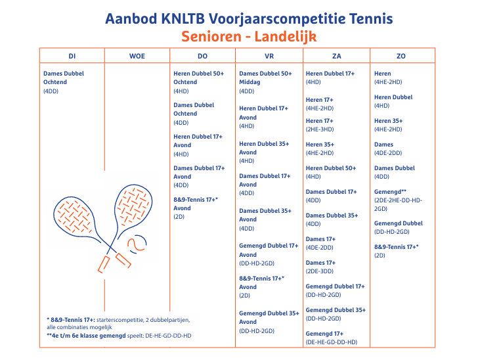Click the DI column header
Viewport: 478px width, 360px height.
(72, 56)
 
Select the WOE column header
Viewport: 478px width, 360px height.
(137, 56)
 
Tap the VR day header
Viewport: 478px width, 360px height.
(269, 56)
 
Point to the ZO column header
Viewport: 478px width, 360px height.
(401, 56)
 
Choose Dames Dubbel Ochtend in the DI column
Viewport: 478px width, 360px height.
(64, 78)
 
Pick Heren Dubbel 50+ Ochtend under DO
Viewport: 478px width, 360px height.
(199, 78)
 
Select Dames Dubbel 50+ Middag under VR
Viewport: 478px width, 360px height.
(265, 78)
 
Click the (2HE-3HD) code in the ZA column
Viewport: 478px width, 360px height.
(320, 129)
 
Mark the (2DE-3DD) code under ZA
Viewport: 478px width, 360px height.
(320, 271)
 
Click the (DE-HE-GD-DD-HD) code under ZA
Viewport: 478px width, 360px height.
(332, 342)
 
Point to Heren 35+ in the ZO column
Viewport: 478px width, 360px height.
(389, 121)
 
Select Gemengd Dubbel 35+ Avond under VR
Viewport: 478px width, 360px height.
(269, 317)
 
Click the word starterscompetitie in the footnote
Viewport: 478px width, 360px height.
(116, 320)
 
